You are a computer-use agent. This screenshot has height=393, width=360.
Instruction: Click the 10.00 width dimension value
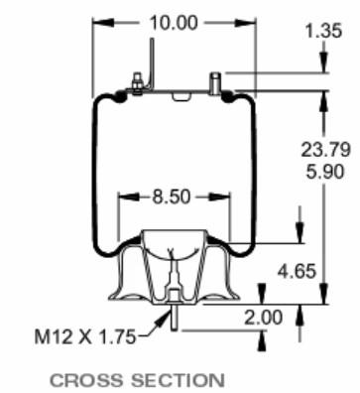click(x=174, y=23)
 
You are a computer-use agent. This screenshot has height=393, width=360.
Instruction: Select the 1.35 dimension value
click(x=323, y=31)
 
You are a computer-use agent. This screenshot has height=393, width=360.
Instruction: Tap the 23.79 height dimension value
click(x=325, y=149)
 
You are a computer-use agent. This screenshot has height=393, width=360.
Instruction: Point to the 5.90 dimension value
click(x=325, y=172)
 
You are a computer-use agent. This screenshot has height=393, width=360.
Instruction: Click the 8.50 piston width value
click(x=172, y=196)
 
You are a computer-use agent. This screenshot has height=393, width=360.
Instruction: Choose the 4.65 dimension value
click(x=297, y=271)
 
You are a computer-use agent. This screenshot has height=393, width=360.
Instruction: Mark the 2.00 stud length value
click(x=264, y=318)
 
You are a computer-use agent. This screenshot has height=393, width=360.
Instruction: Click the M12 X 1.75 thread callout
click(x=85, y=337)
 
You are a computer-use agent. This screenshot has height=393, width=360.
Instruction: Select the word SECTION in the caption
click(x=179, y=380)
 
